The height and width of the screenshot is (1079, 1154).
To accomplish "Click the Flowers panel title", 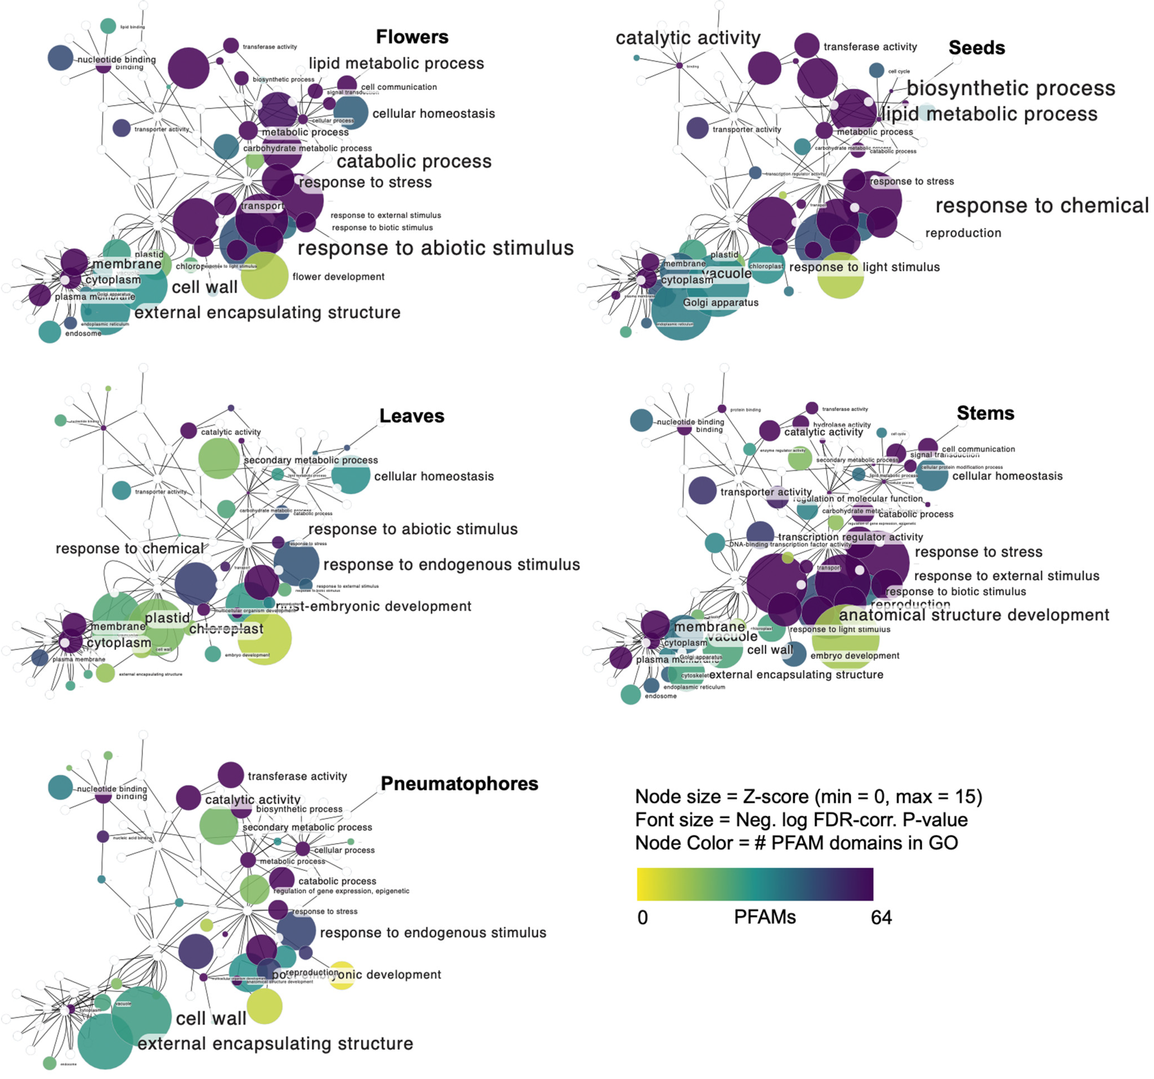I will (412, 37).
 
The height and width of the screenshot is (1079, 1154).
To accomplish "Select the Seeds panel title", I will (976, 48).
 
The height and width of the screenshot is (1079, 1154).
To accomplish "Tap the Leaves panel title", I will (412, 416).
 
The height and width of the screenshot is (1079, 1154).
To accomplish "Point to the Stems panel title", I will (985, 413).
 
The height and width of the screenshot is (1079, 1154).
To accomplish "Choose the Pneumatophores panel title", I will (459, 784).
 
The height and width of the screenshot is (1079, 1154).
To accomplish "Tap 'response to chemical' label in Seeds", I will (1041, 205).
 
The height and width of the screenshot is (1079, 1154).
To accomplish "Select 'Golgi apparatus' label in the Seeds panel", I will (721, 302).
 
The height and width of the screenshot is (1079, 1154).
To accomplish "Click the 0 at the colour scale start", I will (643, 917).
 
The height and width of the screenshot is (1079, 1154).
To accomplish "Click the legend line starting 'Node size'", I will (808, 796).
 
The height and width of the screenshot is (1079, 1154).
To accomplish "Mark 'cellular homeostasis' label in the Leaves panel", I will (433, 476).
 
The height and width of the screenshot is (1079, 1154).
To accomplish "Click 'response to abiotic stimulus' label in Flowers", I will (435, 248).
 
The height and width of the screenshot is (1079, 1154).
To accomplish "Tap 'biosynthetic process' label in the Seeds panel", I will (1011, 88).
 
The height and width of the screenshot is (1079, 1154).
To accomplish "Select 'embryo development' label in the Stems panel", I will (854, 656).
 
